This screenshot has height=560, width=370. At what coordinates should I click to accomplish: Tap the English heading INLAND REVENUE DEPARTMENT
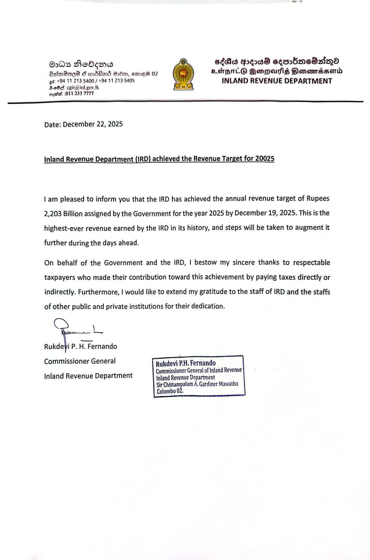click(277, 81)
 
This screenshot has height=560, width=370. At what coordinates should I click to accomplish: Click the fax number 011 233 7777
click(79, 93)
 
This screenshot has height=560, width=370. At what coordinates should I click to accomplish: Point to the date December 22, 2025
click(93, 124)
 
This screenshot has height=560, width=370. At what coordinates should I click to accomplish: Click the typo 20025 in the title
click(265, 159)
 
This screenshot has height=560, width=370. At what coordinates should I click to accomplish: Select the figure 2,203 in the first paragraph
click(53, 213)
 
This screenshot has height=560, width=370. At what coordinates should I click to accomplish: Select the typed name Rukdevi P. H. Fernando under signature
click(81, 346)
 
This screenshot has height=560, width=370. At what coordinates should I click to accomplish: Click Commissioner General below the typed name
click(80, 361)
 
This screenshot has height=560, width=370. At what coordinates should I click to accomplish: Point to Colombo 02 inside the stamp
click(170, 392)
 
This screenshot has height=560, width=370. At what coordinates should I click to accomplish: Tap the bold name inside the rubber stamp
click(186, 363)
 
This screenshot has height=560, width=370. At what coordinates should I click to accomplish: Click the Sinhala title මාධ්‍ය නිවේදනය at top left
click(81, 65)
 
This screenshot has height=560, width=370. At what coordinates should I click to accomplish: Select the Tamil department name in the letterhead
click(277, 71)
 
